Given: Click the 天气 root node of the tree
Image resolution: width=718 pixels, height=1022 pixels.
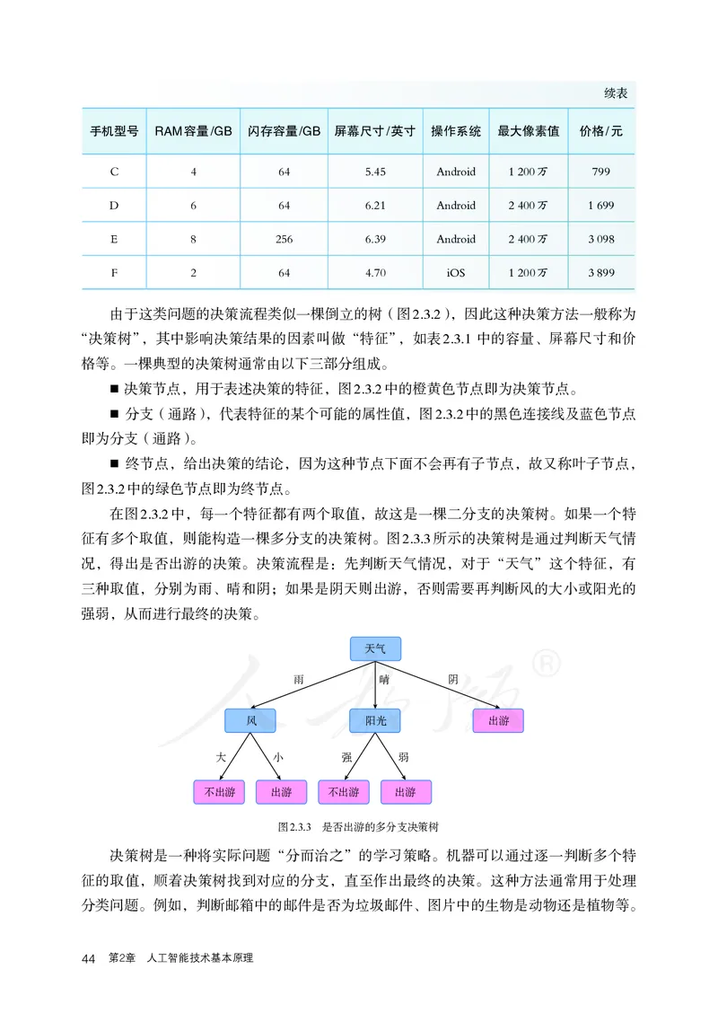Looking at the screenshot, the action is tap(374, 648).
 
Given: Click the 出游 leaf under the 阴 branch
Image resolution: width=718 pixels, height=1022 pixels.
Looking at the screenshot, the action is tap(498, 720).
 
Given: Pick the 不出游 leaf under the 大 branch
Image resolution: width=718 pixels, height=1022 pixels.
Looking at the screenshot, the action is tap(219, 792).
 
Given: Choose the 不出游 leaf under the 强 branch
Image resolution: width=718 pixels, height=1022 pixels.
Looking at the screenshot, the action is tap(344, 792).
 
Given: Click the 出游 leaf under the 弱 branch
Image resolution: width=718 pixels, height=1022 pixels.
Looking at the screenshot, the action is tap(406, 792).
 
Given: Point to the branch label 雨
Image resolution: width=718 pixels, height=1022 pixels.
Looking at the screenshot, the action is tap(299, 680).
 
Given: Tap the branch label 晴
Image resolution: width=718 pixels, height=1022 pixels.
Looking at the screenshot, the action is tap(384, 680).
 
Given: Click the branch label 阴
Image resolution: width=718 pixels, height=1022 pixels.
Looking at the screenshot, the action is tap(453, 680).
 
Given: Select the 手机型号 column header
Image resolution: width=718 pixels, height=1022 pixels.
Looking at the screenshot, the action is tap(114, 131).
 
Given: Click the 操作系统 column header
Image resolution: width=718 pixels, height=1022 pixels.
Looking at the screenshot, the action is tap(456, 131).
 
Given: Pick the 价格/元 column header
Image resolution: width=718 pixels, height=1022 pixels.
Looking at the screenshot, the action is tap(601, 131).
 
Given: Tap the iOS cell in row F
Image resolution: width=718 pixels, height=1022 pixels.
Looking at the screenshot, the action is tap(456, 273).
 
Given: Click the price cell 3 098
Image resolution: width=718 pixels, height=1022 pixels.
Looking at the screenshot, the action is tap(601, 239).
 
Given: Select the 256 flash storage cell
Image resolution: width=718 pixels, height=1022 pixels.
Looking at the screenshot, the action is tap(284, 239).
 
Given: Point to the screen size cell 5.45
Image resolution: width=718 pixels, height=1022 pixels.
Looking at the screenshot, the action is tap(376, 172).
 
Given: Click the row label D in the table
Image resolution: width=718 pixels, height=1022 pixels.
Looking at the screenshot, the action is tap(114, 206).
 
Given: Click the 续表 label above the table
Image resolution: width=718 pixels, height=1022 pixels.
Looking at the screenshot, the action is tap(616, 93).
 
